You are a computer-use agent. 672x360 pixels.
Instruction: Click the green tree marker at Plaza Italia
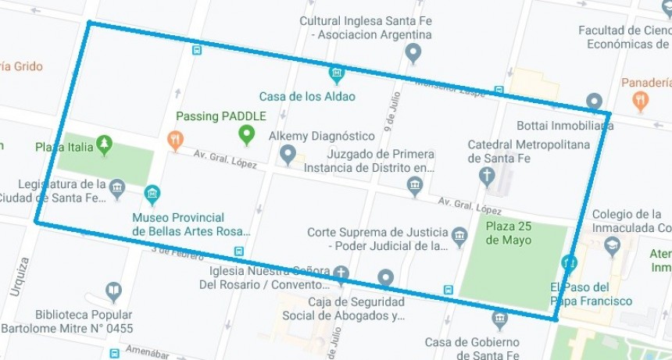(x=104, y=144)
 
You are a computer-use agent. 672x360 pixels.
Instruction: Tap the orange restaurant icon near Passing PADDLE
(x=176, y=140)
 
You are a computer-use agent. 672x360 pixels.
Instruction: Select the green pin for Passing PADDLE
(x=247, y=134)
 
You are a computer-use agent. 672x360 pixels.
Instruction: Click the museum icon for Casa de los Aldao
(x=336, y=74)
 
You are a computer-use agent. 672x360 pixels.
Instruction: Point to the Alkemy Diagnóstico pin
(x=288, y=153)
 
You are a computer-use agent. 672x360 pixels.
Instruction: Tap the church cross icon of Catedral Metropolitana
(x=488, y=173)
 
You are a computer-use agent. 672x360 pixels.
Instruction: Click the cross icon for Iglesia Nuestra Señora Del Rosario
(x=341, y=273)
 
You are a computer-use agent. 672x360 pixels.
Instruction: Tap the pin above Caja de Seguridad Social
(x=384, y=278)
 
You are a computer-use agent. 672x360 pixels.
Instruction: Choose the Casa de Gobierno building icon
(x=499, y=319)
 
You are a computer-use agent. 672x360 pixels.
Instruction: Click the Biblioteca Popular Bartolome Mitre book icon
(x=113, y=292)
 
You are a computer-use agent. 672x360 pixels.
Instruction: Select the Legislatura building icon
(x=117, y=187)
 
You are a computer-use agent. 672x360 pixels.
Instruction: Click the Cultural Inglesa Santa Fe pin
(x=413, y=53)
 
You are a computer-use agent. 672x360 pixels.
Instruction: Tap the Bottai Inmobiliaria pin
(x=594, y=102)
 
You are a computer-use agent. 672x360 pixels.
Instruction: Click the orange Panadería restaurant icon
(x=641, y=101)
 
